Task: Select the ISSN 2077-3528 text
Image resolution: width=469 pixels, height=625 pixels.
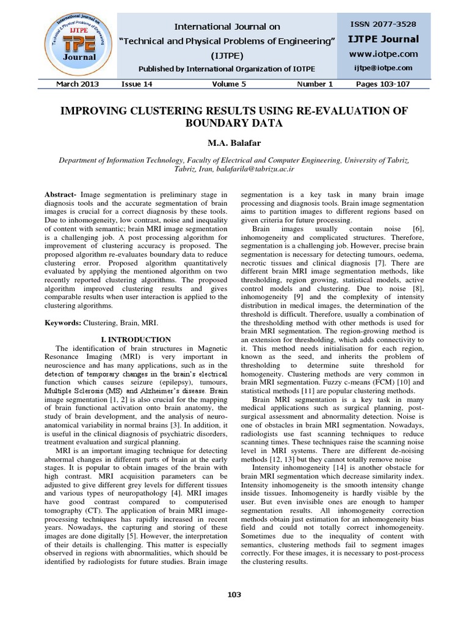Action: point(383,24)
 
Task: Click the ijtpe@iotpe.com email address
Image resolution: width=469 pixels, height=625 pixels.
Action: point(383,68)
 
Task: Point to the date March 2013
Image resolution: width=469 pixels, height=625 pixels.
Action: point(78,84)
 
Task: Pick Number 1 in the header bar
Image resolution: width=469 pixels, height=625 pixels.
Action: point(314,84)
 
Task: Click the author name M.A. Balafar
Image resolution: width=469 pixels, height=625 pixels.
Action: point(234,142)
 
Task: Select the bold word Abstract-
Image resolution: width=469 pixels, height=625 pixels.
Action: point(60,193)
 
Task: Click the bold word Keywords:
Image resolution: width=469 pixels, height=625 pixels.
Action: point(63,322)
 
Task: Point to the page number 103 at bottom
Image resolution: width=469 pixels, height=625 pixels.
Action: point(234,594)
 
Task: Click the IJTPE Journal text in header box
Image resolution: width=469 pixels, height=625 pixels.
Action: point(383,39)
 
